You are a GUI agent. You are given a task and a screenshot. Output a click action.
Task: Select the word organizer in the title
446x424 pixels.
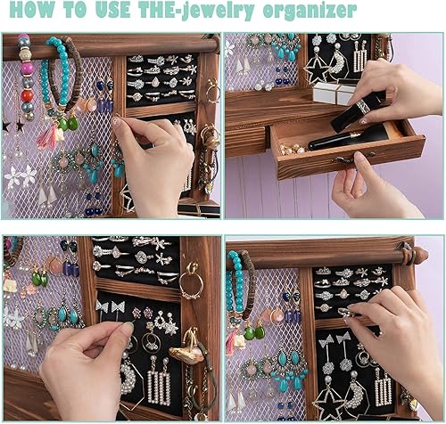click(310, 12)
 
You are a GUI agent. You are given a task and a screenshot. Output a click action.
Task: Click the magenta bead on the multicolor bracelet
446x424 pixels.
click(27, 69)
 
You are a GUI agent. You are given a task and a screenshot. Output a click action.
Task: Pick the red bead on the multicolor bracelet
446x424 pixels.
click(27, 96)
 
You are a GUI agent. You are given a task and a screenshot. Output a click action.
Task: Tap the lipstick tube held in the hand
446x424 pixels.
click(357, 111)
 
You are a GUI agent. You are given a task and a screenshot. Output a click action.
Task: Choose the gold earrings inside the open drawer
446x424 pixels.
click(292, 150)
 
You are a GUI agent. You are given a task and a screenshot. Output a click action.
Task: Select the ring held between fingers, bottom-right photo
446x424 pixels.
click(346, 313)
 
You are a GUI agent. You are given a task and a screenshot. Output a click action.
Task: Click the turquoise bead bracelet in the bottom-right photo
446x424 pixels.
click(235, 285)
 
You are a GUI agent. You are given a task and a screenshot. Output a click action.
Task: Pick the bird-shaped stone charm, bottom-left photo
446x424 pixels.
click(186, 353)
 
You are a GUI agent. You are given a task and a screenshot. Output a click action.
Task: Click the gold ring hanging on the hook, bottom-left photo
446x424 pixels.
click(191, 284)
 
